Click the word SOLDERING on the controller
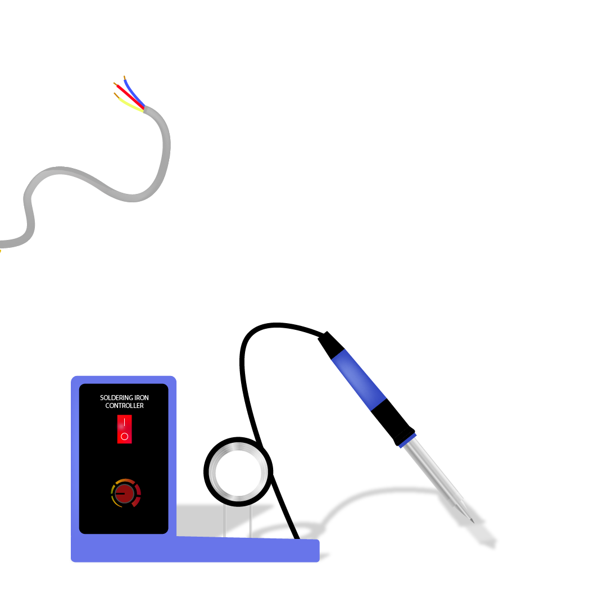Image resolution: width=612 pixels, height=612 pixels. pyautogui.click(x=116, y=398)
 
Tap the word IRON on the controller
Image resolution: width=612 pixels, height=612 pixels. pyautogui.click(x=142, y=398)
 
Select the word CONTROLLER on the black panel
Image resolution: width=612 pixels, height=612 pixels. pyautogui.click(x=125, y=406)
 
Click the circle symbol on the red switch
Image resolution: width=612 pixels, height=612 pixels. pyautogui.click(x=125, y=436)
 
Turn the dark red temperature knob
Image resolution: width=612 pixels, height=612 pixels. pyautogui.click(x=125, y=494)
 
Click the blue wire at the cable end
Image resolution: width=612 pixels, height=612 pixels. pyautogui.click(x=134, y=93)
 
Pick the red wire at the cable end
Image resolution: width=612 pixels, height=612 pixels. pyautogui.click(x=130, y=97)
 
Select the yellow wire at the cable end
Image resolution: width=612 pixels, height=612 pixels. pyautogui.click(x=131, y=105)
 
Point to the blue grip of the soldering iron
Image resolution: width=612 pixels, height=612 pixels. pyautogui.click(x=359, y=379)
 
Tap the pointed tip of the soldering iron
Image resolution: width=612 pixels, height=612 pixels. pyautogui.click(x=473, y=522)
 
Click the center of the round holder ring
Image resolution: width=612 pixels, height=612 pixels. pyautogui.click(x=238, y=472)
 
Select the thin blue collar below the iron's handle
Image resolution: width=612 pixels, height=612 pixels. pyautogui.click(x=407, y=440)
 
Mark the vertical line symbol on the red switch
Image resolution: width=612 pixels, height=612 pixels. pyautogui.click(x=125, y=422)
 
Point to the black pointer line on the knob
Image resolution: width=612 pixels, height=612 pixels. pyautogui.click(x=120, y=494)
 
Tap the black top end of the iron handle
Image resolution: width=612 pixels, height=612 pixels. pyautogui.click(x=330, y=344)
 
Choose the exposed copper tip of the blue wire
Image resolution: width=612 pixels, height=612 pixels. pyautogui.click(x=125, y=78)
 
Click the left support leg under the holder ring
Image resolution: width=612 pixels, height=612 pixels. pyautogui.click(x=224, y=520)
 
